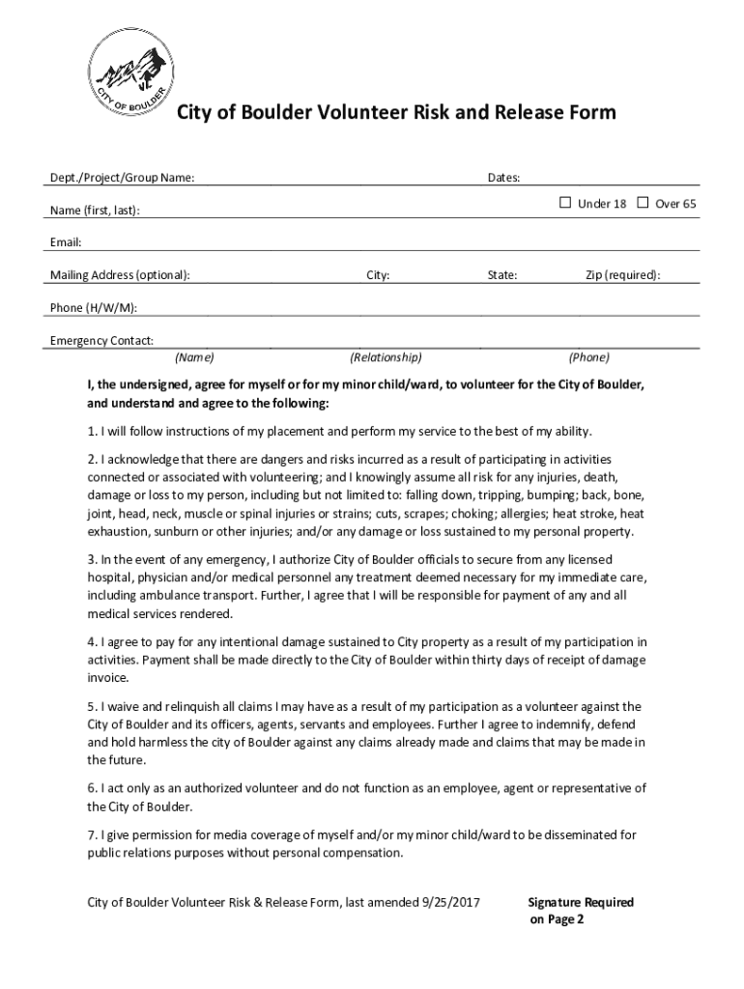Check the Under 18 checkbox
[565, 203]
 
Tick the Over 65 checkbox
[643, 203]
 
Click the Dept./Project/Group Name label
[122, 178]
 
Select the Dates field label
[503, 178]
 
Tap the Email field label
[66, 242]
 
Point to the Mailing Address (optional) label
[120, 275]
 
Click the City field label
[378, 275]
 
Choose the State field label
[502, 275]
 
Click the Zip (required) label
[623, 275]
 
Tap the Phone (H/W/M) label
[93, 308]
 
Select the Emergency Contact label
[101, 341]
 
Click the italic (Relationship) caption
[386, 357]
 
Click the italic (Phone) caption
[588, 357]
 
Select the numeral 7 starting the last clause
[91, 834]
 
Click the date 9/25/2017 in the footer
[451, 902]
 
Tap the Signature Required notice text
[581, 902]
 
